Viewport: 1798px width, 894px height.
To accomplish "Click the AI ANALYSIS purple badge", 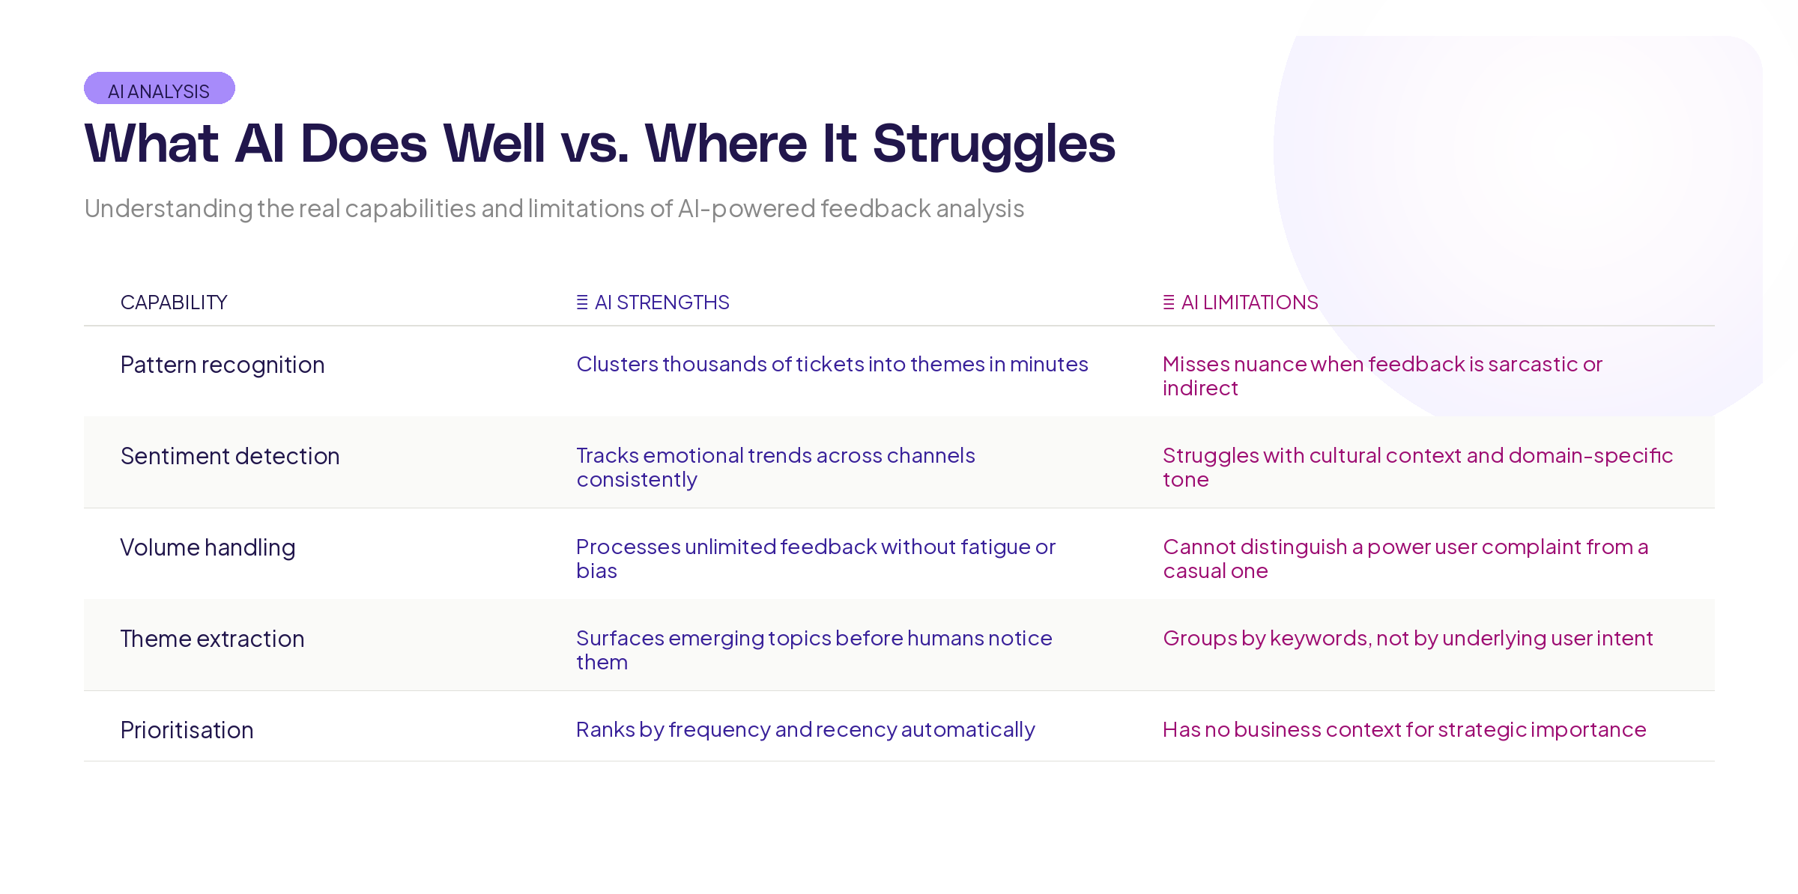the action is pyautogui.click(x=160, y=88).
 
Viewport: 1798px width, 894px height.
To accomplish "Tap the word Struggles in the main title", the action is pyautogui.click(x=994, y=145).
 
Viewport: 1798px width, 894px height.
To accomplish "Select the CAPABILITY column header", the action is pyautogui.click(x=174, y=302).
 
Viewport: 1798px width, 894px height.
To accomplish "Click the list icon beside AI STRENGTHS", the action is pyautogui.click(x=582, y=302).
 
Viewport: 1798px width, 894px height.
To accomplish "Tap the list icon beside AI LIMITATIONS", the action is pyautogui.click(x=1169, y=302).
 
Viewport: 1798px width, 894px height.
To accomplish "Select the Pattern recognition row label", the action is pyautogui.click(x=223, y=365).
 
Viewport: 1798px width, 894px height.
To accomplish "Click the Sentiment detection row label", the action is pyautogui.click(x=230, y=456).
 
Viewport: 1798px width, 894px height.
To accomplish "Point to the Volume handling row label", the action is pyautogui.click(x=208, y=548).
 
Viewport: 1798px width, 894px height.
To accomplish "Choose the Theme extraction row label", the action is pyautogui.click(x=213, y=639).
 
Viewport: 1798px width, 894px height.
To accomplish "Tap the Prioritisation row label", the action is pyautogui.click(x=187, y=730).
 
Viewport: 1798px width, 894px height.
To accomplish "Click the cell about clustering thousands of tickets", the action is pyautogui.click(x=832, y=365).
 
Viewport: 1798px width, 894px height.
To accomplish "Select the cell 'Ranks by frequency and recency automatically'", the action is pyautogui.click(x=805, y=730).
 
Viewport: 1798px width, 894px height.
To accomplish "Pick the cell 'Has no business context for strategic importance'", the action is pyautogui.click(x=1405, y=730).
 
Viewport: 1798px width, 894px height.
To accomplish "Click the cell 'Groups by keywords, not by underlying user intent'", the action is pyautogui.click(x=1408, y=639).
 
